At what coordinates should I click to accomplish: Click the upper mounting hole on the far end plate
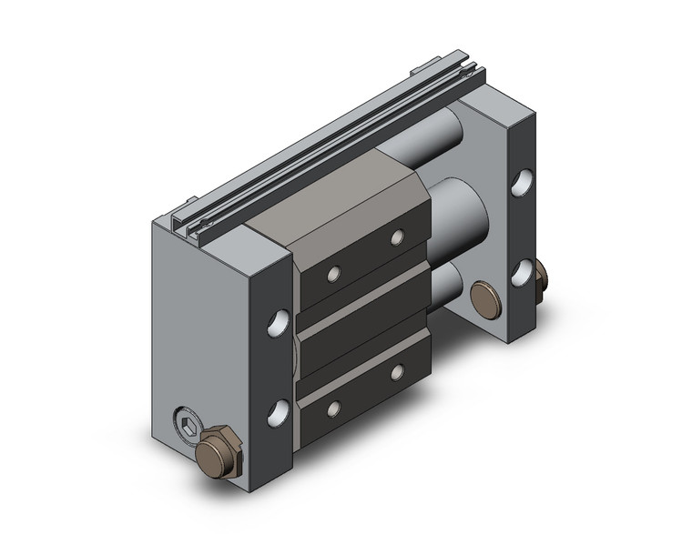coord(522,184)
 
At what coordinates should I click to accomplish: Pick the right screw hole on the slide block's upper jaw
coord(397,238)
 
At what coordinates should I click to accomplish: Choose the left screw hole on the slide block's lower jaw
coord(335,408)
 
